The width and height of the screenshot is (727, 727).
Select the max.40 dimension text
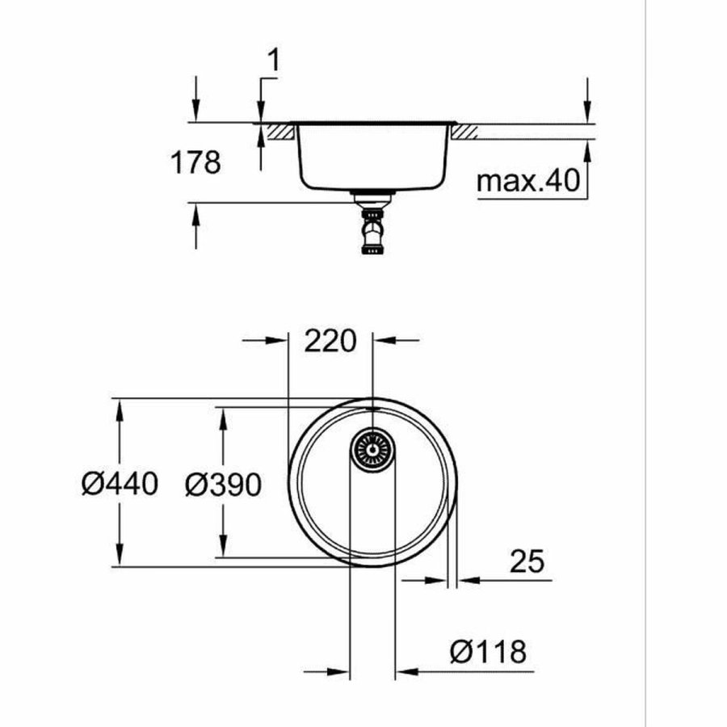pos(528,182)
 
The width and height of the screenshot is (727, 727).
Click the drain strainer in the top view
pos(372,447)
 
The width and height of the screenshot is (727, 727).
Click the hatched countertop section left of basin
pos(279,131)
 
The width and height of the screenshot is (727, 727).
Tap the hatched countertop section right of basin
pos(466,131)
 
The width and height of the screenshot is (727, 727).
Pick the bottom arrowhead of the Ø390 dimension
pos(222,547)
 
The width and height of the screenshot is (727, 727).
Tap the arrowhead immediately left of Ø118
pos(338,670)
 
